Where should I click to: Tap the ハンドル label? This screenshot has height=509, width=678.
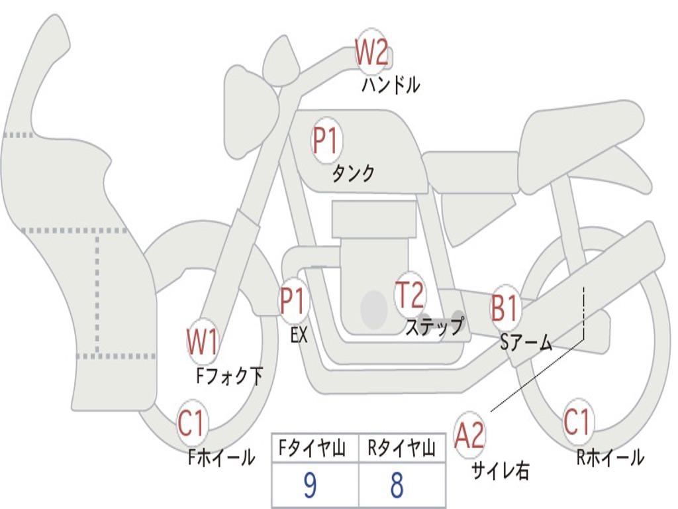pyautogui.click(x=391, y=85)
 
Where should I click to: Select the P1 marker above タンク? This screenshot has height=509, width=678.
pyautogui.click(x=325, y=141)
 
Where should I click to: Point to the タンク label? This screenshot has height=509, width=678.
pyautogui.click(x=353, y=174)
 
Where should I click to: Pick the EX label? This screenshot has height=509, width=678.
pyautogui.click(x=299, y=335)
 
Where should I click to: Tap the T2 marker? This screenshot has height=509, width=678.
pyautogui.click(x=410, y=295)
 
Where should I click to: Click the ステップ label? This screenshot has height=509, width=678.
pyautogui.click(x=434, y=327)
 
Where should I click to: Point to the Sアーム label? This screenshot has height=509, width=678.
pyautogui.click(x=527, y=342)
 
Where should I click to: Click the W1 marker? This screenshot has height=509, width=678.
pyautogui.click(x=202, y=343)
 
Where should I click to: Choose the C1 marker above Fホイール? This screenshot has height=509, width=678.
pyautogui.click(x=192, y=424)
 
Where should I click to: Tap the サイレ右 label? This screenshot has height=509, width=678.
pyautogui.click(x=500, y=471)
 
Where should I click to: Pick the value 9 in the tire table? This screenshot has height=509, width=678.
pyautogui.click(x=309, y=486)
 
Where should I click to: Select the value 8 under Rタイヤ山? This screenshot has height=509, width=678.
pyautogui.click(x=397, y=486)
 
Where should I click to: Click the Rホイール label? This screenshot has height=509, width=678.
pyautogui.click(x=609, y=457)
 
